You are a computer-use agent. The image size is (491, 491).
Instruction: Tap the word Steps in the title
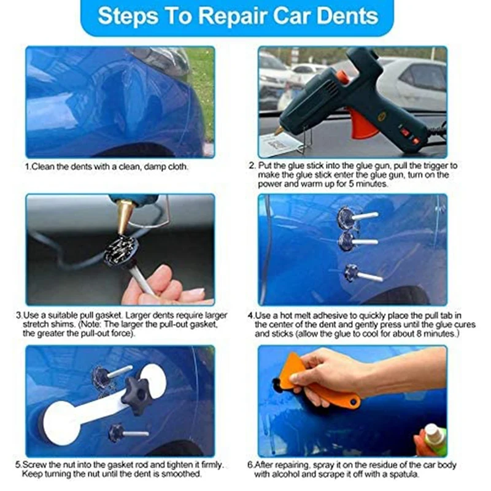point(128,17)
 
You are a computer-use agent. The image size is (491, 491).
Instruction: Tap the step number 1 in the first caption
point(27,166)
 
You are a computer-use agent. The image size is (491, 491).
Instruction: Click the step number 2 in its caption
point(252,166)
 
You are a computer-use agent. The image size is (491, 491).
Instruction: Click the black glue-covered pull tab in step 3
point(121,251)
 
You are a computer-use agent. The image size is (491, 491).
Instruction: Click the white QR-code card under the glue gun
point(279,145)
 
